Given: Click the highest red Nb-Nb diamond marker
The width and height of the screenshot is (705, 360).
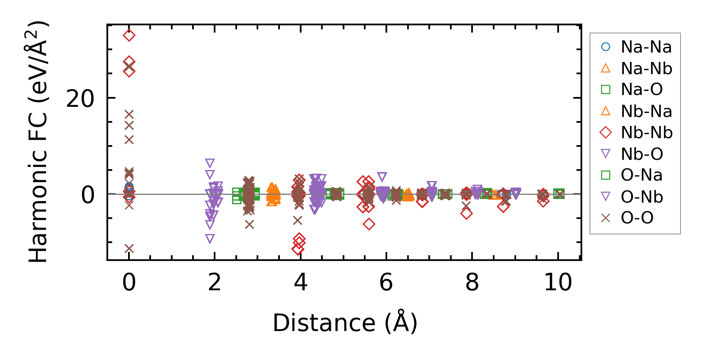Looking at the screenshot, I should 129,35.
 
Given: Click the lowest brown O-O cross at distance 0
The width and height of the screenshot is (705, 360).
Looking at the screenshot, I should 129,248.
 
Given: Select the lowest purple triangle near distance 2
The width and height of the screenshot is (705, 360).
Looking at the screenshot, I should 210,239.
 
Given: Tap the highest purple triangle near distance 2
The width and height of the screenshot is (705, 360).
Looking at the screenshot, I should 210,163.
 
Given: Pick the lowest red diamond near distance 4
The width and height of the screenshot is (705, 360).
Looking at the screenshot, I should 298,249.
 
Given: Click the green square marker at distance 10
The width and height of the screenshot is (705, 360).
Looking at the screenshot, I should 559,194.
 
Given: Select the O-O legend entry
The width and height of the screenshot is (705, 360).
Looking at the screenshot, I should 637,218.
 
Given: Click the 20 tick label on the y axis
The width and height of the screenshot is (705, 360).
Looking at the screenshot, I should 80,99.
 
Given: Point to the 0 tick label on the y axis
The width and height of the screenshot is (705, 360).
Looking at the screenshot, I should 87,195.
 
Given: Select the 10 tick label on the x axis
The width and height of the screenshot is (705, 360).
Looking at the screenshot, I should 558,282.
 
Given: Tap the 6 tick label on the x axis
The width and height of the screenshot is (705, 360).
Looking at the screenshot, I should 386,282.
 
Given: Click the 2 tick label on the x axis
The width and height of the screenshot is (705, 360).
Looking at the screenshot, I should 215,282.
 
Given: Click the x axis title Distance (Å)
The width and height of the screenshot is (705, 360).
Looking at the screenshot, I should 345,323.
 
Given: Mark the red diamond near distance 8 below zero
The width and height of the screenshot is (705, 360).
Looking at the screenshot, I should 466,213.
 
